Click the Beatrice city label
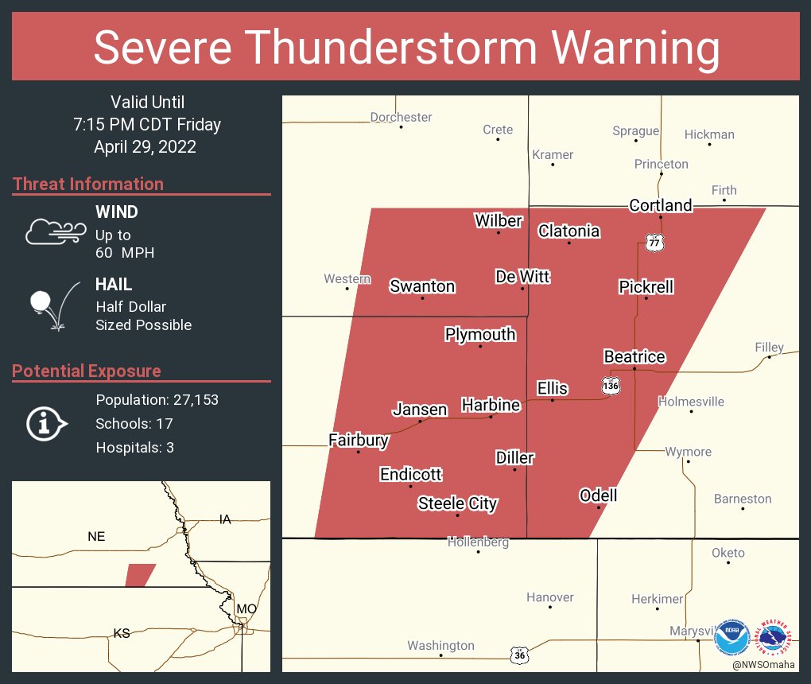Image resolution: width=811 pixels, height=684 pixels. click(634, 357)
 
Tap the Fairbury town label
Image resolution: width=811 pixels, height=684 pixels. click(359, 440)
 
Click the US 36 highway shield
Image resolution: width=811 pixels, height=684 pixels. click(519, 655)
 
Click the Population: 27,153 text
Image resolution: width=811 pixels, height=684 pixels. click(157, 400)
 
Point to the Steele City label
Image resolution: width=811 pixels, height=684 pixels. click(457, 503)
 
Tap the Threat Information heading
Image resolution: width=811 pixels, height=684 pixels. click(88, 185)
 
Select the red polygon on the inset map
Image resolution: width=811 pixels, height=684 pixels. click(140, 575)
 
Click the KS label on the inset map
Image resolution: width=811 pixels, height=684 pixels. click(122, 634)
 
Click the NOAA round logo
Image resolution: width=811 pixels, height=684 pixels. click(731, 636)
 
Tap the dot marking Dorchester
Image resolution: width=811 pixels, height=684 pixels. click(402, 127)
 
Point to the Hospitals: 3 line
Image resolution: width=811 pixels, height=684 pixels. click(134, 448)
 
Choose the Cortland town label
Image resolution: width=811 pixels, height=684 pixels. click(660, 205)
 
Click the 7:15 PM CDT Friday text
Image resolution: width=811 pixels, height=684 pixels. click(146, 125)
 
